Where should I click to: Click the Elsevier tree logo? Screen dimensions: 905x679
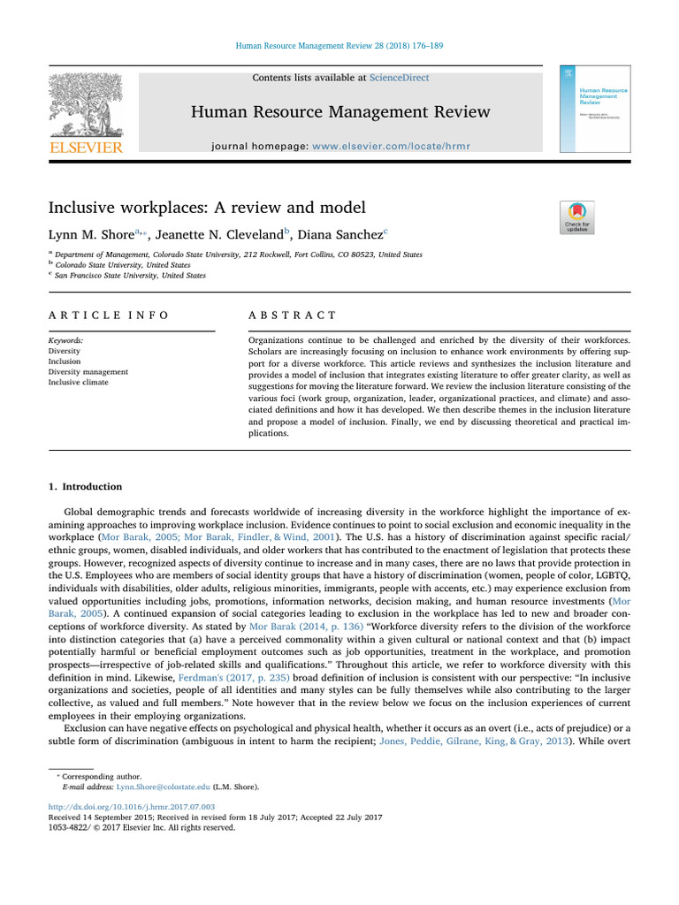[x=85, y=103]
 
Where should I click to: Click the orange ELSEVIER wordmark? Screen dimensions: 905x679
[x=85, y=148]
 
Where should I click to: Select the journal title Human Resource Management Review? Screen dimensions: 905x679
[x=339, y=111]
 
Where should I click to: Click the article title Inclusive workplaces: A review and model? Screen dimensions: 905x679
[x=206, y=209]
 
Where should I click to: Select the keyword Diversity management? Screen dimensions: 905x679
[x=88, y=372]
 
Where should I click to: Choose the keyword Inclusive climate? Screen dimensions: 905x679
[x=80, y=383]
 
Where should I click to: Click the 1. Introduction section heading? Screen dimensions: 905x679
[x=85, y=487]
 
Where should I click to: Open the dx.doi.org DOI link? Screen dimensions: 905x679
[x=132, y=807]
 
